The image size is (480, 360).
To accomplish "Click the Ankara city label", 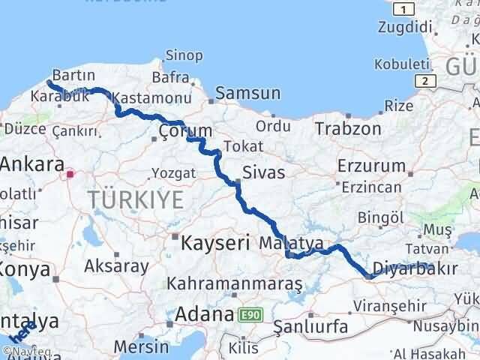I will pos(31,164).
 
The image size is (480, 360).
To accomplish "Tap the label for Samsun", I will pos(247,94).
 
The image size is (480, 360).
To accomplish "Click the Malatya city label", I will pos(289,243).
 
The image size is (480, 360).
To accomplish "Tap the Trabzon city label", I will pos(348,128).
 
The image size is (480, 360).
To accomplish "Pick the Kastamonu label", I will pos(154,97).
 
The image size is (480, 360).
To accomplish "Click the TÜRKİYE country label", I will pos(136,199).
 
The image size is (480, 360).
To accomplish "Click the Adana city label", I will pos(204,315).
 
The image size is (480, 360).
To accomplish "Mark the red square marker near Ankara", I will pos(70,174).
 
